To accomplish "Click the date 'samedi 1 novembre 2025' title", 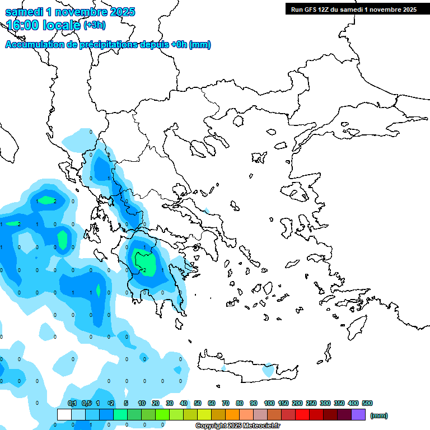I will click(70, 12).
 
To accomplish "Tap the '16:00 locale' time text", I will click(44, 25).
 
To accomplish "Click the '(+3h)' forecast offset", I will click(94, 25).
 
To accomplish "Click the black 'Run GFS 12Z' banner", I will click(353, 9).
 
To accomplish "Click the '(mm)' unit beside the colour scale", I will click(379, 415).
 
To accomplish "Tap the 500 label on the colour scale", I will click(367, 403).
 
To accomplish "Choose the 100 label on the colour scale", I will click(269, 403).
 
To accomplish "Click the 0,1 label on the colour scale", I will click(72, 403).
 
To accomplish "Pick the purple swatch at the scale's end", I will click(358, 414).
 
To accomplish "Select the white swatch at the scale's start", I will click(64, 414).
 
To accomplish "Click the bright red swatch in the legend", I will click(302, 414).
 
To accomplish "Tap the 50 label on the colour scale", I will click(198, 403).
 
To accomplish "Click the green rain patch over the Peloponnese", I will click(146, 262).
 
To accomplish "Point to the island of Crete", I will click(246, 367).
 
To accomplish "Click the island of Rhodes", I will click(356, 328).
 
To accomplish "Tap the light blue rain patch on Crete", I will click(269, 370).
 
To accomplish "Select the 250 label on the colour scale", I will click(311, 403).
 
